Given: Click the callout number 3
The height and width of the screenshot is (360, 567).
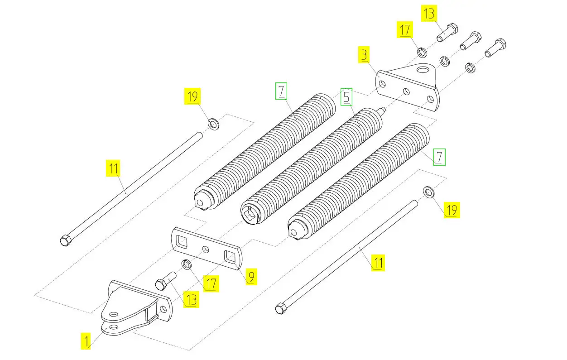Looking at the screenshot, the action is pyautogui.click(x=364, y=55).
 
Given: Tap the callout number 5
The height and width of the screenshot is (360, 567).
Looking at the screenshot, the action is pyautogui.click(x=346, y=97).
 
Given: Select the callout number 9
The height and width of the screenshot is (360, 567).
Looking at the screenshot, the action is pyautogui.click(x=251, y=277).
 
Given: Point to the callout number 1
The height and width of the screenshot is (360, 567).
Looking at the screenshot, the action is pyautogui.click(x=86, y=341).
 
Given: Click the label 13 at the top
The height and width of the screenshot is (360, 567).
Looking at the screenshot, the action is pyautogui.click(x=429, y=14).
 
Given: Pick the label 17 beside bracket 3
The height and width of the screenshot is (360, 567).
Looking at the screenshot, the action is pyautogui.click(x=405, y=29).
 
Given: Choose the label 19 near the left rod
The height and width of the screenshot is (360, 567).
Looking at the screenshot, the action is pyautogui.click(x=192, y=96).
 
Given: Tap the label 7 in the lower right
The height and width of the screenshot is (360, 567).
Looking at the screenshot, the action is pyautogui.click(x=439, y=157).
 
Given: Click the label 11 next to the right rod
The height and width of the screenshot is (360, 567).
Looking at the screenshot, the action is pyautogui.click(x=378, y=263).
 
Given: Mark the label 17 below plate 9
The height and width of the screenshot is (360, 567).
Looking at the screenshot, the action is pyautogui.click(x=211, y=283).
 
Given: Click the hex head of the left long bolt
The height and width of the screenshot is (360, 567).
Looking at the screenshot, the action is pyautogui.click(x=66, y=240).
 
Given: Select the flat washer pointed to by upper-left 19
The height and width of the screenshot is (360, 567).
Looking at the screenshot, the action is pyautogui.click(x=213, y=124).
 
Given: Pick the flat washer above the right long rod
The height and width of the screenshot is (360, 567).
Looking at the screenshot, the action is pyautogui.click(x=428, y=192).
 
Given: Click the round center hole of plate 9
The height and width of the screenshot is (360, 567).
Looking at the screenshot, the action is pyautogui.click(x=206, y=250).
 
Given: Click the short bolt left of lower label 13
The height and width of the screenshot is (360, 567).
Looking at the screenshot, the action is pyautogui.click(x=166, y=281).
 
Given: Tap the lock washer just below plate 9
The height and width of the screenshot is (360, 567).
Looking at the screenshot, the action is pyautogui.click(x=187, y=264).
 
